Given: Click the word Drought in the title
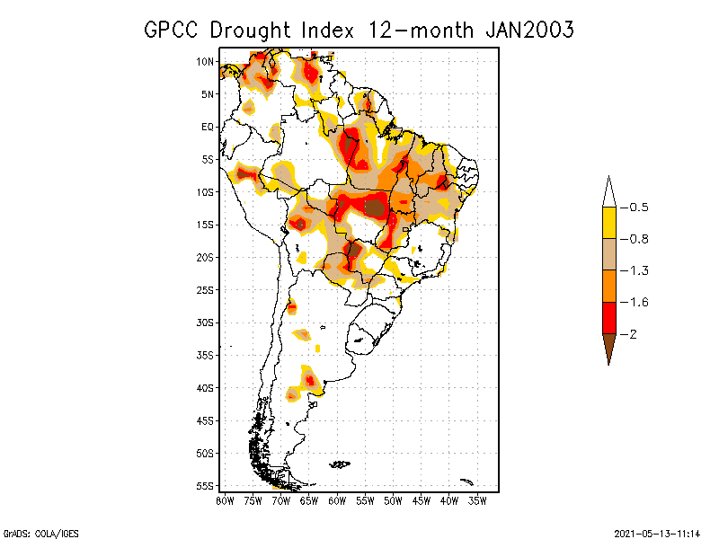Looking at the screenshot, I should pyautogui.click(x=250, y=30).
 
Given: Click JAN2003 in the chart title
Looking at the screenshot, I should pyautogui.click(x=529, y=30).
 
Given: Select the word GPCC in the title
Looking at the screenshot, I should pyautogui.click(x=172, y=30).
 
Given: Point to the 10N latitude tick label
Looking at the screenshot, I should pyautogui.click(x=205, y=61).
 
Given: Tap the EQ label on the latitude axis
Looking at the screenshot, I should pyautogui.click(x=208, y=127).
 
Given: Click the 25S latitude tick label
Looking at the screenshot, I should pyautogui.click(x=205, y=289).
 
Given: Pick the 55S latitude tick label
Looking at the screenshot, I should pyautogui.click(x=205, y=485).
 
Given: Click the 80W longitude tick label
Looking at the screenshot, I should pyautogui.click(x=224, y=500).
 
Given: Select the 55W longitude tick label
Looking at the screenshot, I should pyautogui.click(x=366, y=500).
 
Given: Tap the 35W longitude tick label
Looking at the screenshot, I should pyautogui.click(x=478, y=500).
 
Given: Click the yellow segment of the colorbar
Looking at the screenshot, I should pyautogui.click(x=608, y=223).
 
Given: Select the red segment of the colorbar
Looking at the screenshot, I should pyautogui.click(x=608, y=317).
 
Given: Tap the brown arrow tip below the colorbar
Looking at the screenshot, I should pyautogui.click(x=608, y=348).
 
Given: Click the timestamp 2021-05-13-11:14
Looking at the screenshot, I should pyautogui.click(x=656, y=532).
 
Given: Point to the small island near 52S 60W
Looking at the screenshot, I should pyautogui.click(x=340, y=464).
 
